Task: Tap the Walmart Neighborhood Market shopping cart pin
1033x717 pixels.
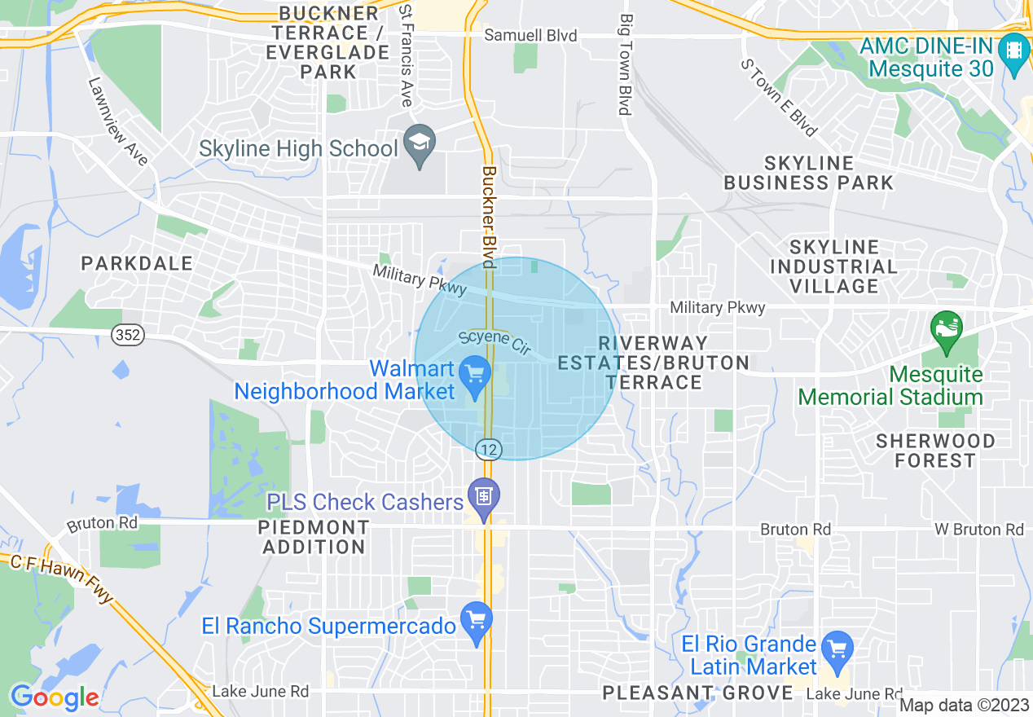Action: pos(475,375)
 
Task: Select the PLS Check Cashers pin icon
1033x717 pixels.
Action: pos(484,496)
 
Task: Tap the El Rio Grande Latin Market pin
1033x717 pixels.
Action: pos(837,649)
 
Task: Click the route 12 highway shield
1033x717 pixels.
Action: pos(489,448)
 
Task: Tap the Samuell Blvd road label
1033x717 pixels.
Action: pos(530,36)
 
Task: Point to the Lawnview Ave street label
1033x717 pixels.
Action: pos(118,121)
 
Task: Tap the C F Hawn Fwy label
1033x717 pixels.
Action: pos(62,578)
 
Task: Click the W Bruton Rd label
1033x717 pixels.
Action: pos(978,530)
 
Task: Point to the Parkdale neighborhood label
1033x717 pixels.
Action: pos(137,263)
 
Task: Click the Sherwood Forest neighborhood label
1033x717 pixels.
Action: pos(935,451)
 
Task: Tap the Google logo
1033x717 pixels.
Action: pos(54,697)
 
